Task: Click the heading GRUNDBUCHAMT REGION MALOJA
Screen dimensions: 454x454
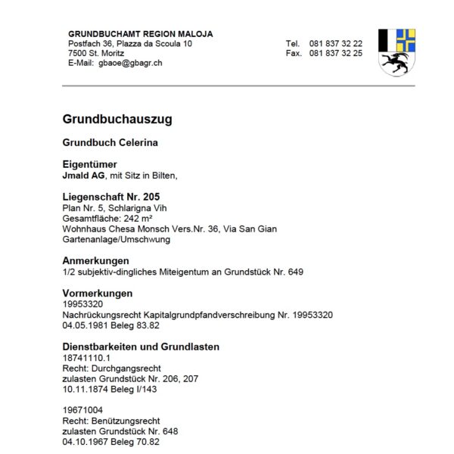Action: pyautogui.click(x=140, y=34)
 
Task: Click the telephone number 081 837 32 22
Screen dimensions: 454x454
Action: pyautogui.click(x=335, y=44)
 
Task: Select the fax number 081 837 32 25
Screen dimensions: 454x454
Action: pyautogui.click(x=335, y=54)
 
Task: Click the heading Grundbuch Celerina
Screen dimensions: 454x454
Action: pyautogui.click(x=110, y=142)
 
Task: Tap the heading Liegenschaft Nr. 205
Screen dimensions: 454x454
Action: pyautogui.click(x=110, y=196)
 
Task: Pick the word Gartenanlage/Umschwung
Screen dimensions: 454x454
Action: pyautogui.click(x=116, y=239)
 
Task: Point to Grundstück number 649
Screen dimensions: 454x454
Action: pyautogui.click(x=297, y=271)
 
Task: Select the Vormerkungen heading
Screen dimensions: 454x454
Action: pyautogui.click(x=98, y=293)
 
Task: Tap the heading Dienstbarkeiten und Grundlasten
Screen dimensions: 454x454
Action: pyautogui.click(x=140, y=347)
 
